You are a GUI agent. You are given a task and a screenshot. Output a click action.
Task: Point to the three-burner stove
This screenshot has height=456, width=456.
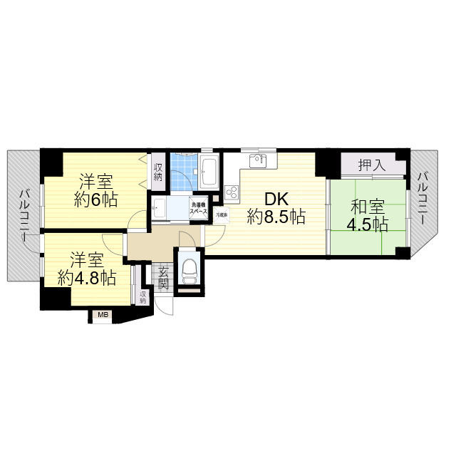coord(232,192)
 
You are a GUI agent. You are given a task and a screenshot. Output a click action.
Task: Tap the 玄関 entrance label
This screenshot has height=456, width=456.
coord(163,277)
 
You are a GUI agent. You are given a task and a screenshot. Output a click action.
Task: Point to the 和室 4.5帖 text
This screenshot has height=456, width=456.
coord(368,216)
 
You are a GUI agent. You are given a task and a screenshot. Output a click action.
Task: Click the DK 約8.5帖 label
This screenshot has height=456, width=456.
coord(276,206)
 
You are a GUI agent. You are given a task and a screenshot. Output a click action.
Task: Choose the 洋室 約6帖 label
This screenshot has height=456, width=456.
coord(96,189)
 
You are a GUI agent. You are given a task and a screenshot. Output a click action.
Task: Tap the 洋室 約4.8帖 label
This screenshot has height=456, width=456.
coord(86,268)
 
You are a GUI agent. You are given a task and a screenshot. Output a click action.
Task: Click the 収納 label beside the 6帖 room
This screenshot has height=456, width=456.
coord(158,172)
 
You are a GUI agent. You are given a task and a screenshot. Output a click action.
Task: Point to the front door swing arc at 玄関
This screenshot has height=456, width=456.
coord(167,306)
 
